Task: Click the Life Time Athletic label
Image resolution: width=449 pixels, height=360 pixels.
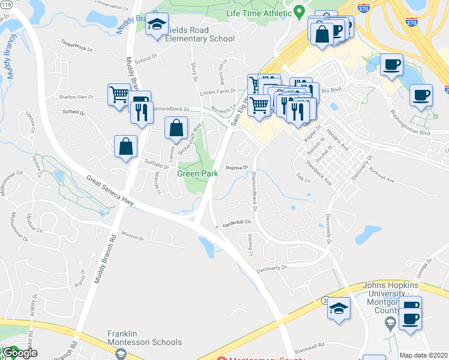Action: (x=259, y=13)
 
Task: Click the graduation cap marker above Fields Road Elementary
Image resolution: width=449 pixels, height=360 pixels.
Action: (x=157, y=25)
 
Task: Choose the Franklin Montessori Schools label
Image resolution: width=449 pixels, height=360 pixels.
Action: (x=144, y=338)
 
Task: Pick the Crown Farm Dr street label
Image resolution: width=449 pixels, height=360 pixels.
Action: (x=217, y=92)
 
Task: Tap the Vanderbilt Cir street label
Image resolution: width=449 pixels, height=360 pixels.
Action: (x=237, y=222)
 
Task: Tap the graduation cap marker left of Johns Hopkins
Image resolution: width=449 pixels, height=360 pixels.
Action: (x=339, y=309)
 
